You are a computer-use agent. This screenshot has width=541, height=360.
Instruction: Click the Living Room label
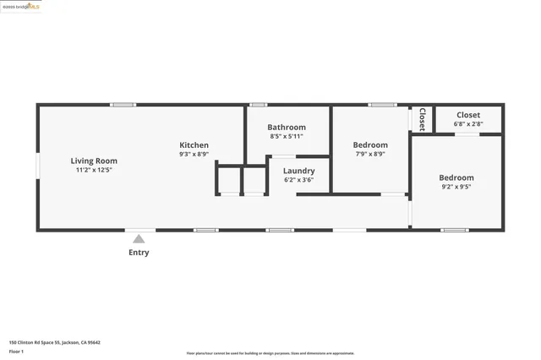(x=94, y=161)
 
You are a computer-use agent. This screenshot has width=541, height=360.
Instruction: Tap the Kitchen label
(x=194, y=145)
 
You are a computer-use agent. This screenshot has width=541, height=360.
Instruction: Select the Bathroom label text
(x=287, y=128)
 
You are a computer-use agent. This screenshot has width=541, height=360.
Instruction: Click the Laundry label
(x=298, y=171)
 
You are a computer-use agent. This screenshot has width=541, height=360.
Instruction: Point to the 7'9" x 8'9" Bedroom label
(x=370, y=145)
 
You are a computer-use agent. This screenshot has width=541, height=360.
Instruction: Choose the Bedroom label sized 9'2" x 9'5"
(x=456, y=177)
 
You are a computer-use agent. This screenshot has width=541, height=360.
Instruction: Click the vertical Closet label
(x=422, y=119)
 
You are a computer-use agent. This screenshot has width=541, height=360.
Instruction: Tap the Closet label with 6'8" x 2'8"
(x=468, y=115)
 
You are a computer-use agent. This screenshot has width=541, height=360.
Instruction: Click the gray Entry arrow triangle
(x=139, y=239)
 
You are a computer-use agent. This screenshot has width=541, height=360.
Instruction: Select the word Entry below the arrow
(x=139, y=253)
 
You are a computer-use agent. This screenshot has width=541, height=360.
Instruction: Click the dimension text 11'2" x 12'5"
(x=94, y=170)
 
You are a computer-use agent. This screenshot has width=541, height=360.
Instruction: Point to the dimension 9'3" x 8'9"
(x=194, y=154)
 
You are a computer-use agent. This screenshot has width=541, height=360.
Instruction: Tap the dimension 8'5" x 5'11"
(x=287, y=136)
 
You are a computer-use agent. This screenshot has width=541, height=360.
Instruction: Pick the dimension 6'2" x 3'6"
(x=298, y=179)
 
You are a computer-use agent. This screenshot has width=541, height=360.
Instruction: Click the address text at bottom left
(x=54, y=342)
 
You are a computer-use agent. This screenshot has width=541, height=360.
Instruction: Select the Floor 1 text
(x=16, y=351)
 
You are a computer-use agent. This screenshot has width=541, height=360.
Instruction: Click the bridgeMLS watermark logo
(x=21, y=6)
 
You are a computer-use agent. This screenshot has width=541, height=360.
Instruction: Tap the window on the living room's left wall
(x=38, y=165)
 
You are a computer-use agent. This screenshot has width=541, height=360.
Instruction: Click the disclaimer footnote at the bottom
(x=270, y=353)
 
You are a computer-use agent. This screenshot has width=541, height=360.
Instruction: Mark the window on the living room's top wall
(x=123, y=105)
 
